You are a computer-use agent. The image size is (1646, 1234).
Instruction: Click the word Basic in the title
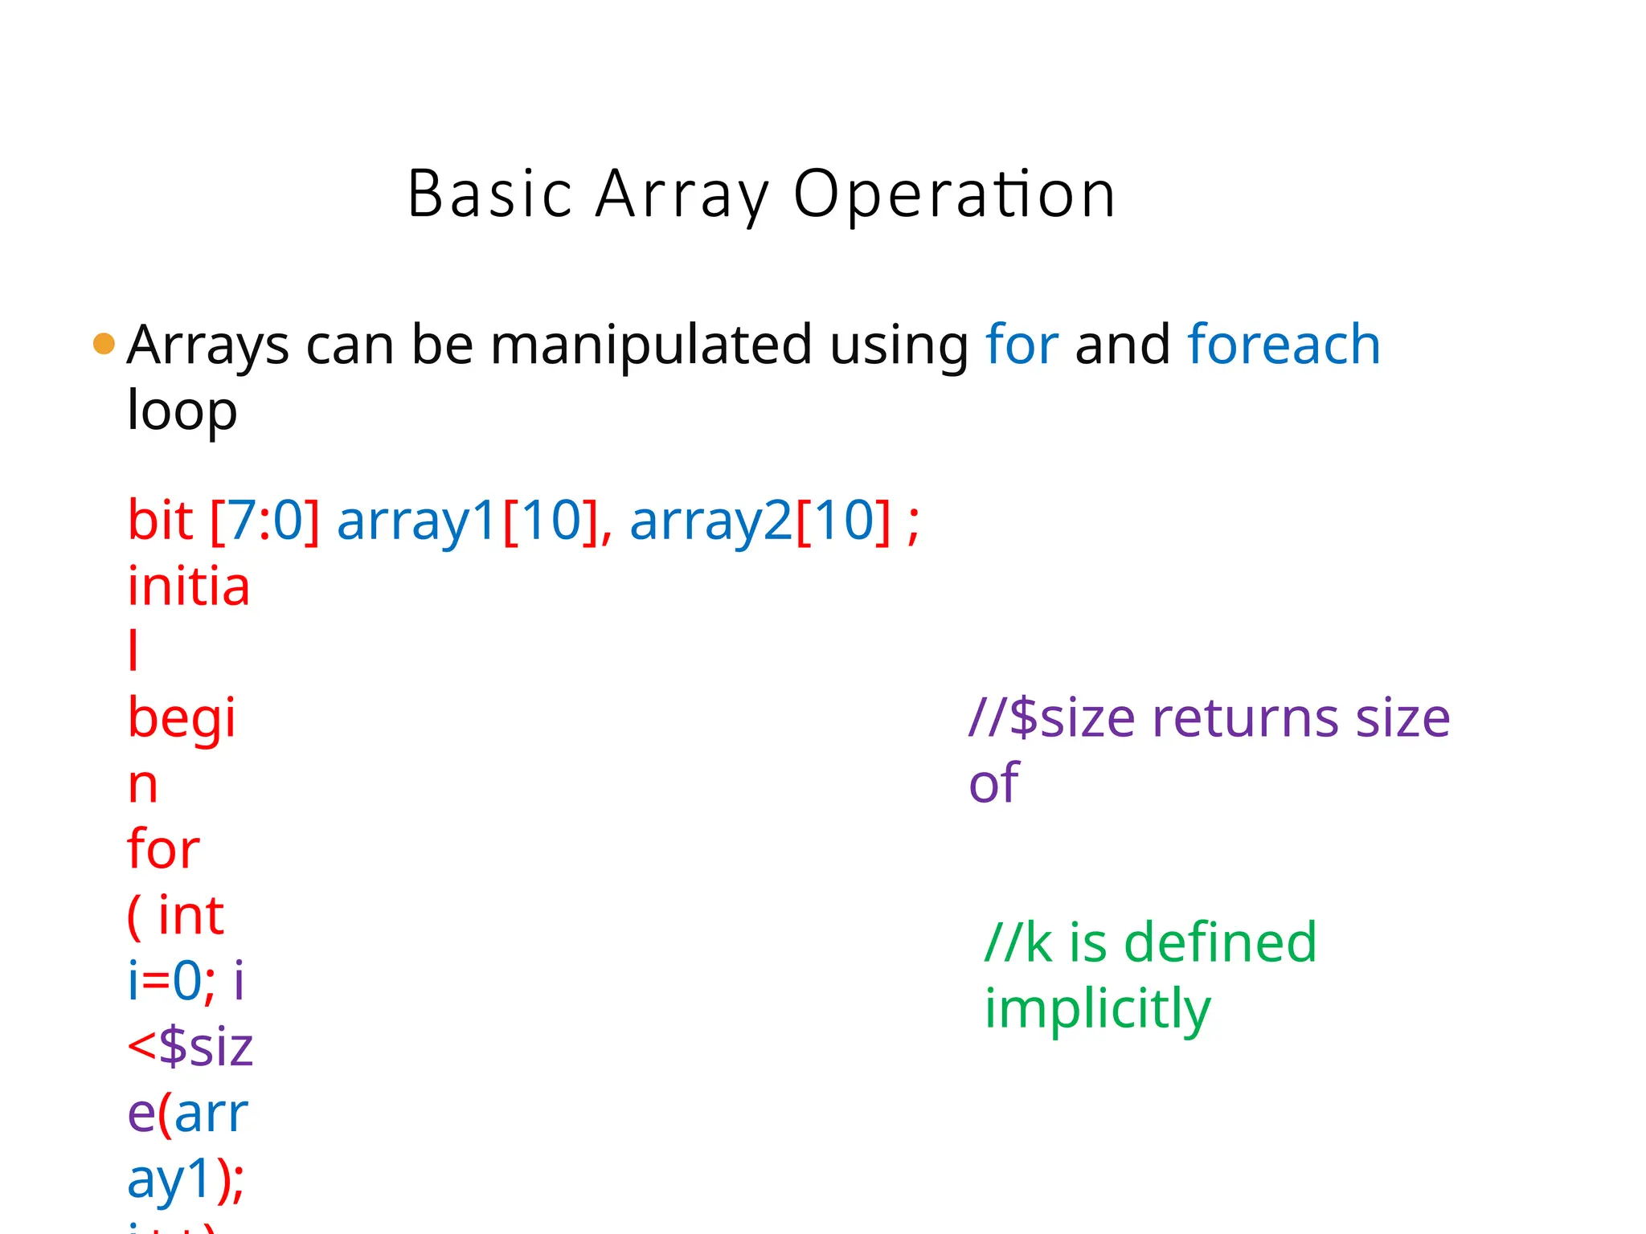[489, 194]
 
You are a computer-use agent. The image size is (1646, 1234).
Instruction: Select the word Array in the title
[682, 194]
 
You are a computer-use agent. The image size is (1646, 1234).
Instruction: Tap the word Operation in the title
[954, 194]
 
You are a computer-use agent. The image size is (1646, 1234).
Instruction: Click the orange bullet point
[104, 344]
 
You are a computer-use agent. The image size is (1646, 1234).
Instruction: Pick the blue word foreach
[1284, 344]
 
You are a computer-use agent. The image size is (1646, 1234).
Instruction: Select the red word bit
[160, 520]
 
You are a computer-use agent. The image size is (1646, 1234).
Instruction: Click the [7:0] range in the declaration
[265, 521]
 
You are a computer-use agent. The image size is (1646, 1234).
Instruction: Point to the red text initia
[189, 586]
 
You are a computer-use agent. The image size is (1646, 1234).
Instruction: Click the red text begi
[182, 718]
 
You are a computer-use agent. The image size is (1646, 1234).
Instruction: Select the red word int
[190, 915]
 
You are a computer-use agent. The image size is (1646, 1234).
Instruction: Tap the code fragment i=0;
[171, 981]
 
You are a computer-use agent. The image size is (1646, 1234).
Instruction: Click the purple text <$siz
[190, 1047]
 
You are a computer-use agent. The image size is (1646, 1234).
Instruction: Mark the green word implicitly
[1097, 1009]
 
